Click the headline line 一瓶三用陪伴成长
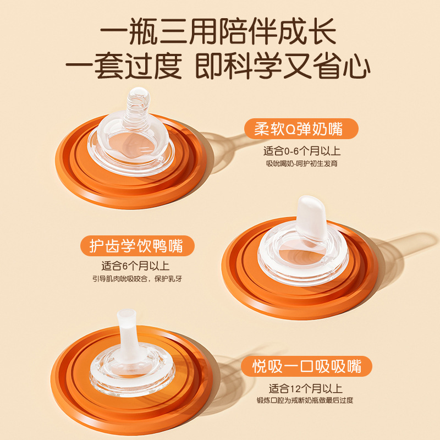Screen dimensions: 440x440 (x=218, y=31)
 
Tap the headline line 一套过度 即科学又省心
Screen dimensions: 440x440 (x=218, y=65)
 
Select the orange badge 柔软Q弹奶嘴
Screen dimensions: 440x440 (x=301, y=129)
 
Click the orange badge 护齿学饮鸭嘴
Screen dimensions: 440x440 (x=137, y=246)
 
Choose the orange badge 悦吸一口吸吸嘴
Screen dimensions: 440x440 (x=306, y=366)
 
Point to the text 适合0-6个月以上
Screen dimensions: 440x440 (x=301, y=151)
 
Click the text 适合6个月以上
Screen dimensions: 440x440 (x=135, y=266)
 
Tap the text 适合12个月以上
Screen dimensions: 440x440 (x=306, y=389)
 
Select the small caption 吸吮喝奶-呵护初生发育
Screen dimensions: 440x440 (x=301, y=163)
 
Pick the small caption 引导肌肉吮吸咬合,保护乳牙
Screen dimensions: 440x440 (x=137, y=279)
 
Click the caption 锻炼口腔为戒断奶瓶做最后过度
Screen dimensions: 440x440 (x=305, y=400)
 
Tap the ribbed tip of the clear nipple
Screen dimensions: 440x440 (x=137, y=107)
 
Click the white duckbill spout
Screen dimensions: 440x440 (x=311, y=217)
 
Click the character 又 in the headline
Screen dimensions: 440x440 (x=297, y=65)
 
